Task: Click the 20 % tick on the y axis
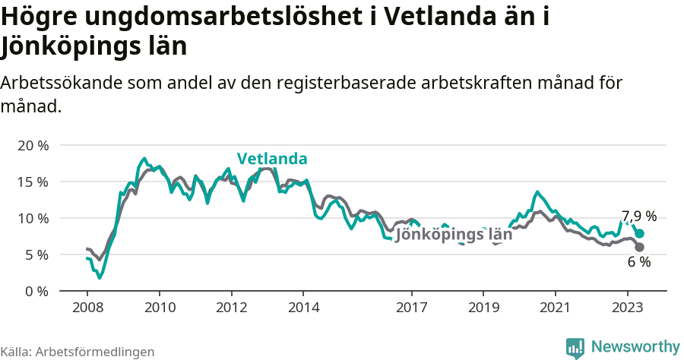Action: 32,145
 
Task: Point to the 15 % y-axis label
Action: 32,182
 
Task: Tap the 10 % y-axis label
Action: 32,218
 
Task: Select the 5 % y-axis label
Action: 36,254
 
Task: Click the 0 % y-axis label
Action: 36,291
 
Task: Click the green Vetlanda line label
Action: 272,159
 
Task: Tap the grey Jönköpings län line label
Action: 454,235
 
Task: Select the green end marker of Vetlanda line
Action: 639,234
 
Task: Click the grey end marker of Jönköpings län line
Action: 639,248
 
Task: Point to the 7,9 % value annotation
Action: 638,216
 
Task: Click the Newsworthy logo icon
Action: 575,347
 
